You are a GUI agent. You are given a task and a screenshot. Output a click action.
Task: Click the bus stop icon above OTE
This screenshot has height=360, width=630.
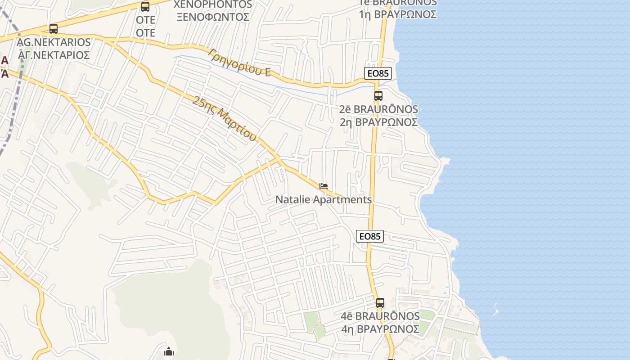(x=145, y=7)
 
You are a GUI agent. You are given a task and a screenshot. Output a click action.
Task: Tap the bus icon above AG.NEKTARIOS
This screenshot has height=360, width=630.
(x=54, y=29)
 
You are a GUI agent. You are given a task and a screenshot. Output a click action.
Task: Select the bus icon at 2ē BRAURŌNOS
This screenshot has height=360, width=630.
(x=378, y=96)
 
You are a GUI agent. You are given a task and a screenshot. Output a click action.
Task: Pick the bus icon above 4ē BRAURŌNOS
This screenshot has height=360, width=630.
(x=380, y=303)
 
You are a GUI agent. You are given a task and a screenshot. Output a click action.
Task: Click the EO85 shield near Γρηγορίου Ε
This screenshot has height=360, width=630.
(x=378, y=73)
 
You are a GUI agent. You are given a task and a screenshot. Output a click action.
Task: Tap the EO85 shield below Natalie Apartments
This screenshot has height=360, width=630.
(x=370, y=236)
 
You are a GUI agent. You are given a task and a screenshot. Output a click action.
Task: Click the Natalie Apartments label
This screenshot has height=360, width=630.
(x=324, y=199)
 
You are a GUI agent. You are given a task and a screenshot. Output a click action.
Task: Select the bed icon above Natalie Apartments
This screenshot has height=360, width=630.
(x=323, y=186)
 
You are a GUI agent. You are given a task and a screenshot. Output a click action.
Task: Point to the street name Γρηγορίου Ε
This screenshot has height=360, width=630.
(x=239, y=62)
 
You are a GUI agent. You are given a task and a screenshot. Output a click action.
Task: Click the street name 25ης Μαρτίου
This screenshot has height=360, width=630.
(x=224, y=118)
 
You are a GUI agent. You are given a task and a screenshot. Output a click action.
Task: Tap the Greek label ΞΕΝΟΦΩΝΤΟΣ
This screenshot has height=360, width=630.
(x=213, y=17)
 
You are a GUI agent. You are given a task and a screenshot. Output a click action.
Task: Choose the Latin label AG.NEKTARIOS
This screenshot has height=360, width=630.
(x=54, y=42)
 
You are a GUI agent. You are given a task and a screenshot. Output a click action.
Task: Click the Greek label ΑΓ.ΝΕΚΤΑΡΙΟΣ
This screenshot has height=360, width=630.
(x=54, y=55)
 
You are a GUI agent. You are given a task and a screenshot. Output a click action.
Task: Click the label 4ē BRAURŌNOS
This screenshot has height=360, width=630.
(x=380, y=316)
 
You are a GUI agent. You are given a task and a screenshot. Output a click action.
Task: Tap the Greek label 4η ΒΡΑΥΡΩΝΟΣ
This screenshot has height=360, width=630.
(x=380, y=329)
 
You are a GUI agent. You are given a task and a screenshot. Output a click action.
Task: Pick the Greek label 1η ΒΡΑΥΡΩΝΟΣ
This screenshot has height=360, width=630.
(x=398, y=14)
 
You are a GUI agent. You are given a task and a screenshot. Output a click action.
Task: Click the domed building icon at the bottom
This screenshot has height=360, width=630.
(x=169, y=351)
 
